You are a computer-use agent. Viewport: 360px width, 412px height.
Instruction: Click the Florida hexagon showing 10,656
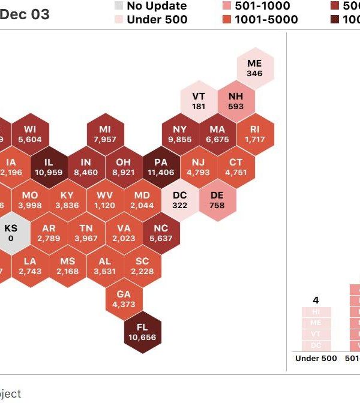(x=142, y=332)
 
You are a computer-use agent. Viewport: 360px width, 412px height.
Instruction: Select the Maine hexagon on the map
(x=254, y=68)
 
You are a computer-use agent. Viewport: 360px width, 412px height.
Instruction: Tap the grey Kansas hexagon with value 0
(x=11, y=233)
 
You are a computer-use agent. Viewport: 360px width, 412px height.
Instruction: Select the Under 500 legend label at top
(x=157, y=19)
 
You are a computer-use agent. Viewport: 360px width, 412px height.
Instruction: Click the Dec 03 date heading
(x=25, y=14)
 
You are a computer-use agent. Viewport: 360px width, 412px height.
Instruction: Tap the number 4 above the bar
(x=316, y=300)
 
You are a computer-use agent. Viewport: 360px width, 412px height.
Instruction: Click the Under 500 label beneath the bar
(x=316, y=359)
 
